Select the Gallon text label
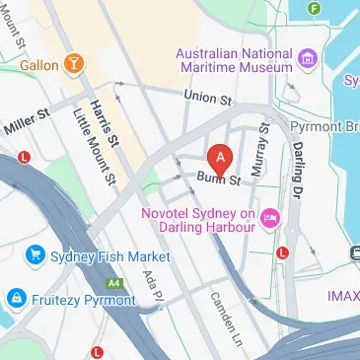point(37,66)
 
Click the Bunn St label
point(218,180)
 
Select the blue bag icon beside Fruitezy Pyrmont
point(16,296)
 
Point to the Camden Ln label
point(225,321)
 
